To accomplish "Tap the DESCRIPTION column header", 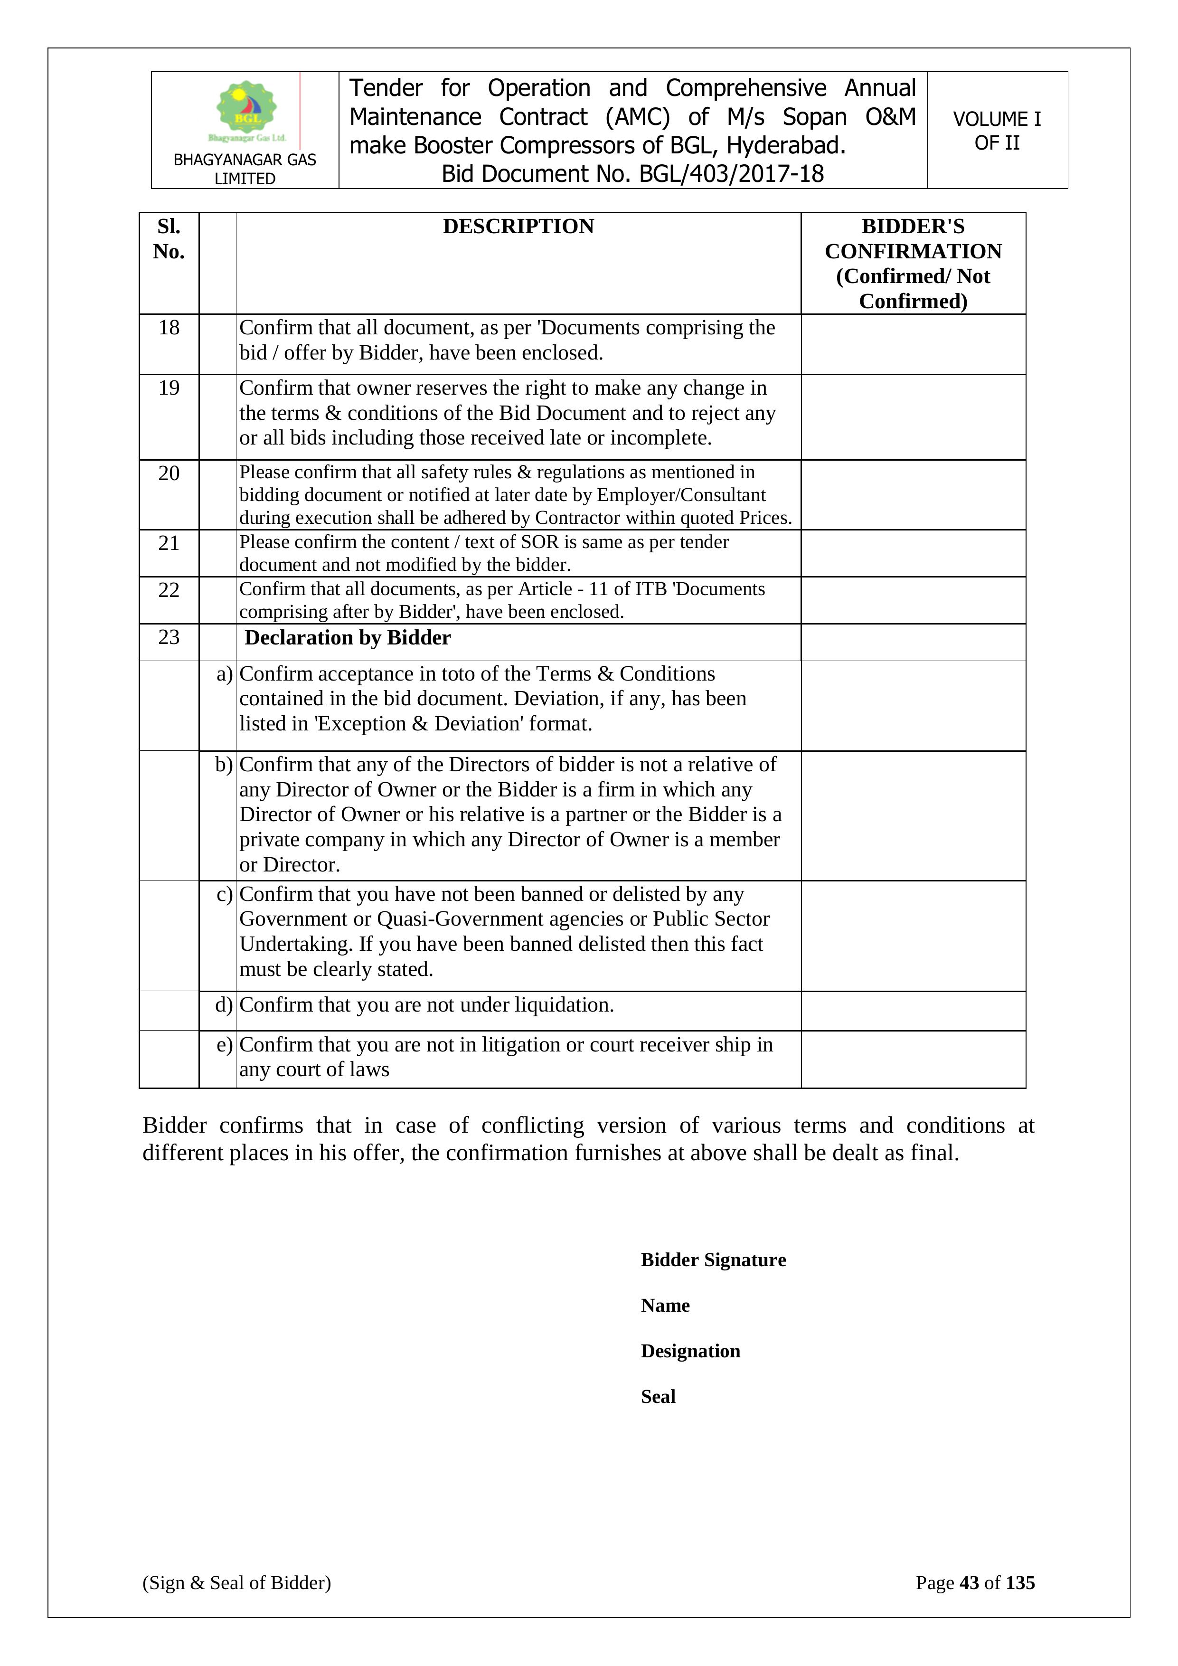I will [x=518, y=227].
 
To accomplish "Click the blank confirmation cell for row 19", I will [x=913, y=417].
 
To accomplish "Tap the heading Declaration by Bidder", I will [x=348, y=638].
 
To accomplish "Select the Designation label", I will [x=690, y=1351].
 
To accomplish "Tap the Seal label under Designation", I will [x=658, y=1397].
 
